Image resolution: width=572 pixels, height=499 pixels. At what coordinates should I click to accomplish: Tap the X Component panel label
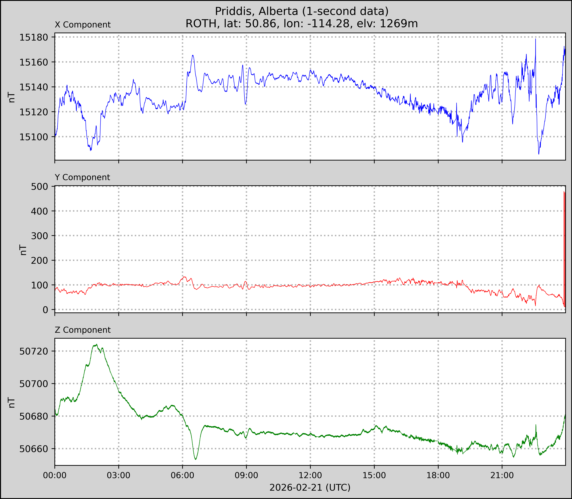click(83, 25)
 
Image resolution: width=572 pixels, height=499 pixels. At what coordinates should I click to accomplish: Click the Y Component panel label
click(82, 177)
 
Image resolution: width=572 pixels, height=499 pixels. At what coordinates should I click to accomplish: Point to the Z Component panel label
click(83, 330)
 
